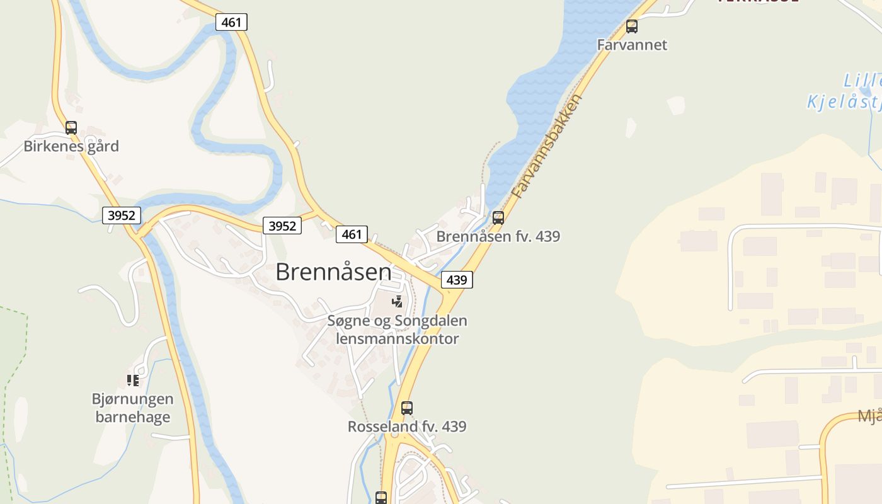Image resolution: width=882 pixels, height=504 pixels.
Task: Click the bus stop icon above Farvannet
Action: coord(632,26)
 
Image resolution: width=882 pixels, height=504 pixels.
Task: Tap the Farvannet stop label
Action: coord(632,45)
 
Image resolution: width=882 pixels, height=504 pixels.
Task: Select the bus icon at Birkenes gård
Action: coord(71,128)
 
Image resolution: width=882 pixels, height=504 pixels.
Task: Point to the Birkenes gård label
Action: coord(71,146)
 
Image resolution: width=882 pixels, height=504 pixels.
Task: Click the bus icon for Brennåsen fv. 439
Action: coord(498,218)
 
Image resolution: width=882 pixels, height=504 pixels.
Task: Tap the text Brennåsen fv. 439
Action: coord(498,236)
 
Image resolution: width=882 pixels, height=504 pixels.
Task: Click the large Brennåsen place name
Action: coord(333,272)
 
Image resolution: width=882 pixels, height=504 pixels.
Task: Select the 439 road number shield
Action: coord(457,279)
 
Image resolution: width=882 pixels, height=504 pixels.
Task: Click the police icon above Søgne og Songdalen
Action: coord(397,302)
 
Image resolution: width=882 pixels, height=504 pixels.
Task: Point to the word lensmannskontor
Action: coord(398,338)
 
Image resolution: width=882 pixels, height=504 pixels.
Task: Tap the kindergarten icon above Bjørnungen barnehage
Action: coord(132,380)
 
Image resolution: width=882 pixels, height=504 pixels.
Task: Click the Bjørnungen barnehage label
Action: coord(132,408)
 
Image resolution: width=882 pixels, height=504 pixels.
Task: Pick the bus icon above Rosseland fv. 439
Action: coord(407,408)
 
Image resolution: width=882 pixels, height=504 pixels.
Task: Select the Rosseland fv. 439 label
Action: coord(407,427)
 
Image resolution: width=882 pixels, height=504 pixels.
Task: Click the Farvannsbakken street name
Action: coord(546,146)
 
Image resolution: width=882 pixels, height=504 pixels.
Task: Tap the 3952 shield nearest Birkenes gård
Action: coord(122,215)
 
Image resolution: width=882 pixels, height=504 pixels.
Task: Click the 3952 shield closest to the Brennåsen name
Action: coord(282,226)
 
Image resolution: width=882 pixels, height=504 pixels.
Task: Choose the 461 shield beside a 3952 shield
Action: coord(352,234)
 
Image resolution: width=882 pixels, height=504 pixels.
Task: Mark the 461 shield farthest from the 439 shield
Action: coord(231,22)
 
